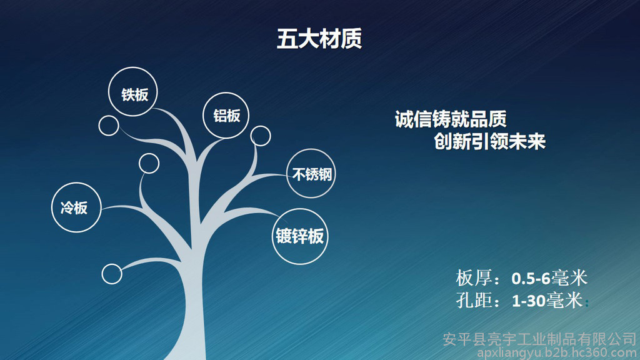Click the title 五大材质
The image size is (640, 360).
point(319,39)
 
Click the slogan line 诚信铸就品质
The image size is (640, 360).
point(451,119)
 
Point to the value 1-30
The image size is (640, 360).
point(529,301)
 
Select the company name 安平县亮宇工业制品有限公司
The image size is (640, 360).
point(540,339)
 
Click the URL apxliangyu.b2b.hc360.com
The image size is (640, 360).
point(557,352)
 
